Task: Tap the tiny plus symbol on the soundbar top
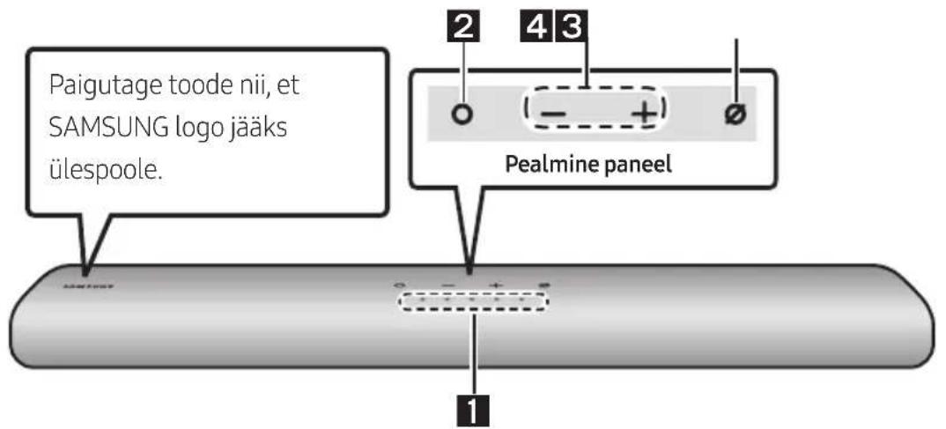coord(496,285)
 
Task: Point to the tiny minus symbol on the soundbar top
coord(447,285)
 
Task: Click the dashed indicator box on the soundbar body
coord(473,301)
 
